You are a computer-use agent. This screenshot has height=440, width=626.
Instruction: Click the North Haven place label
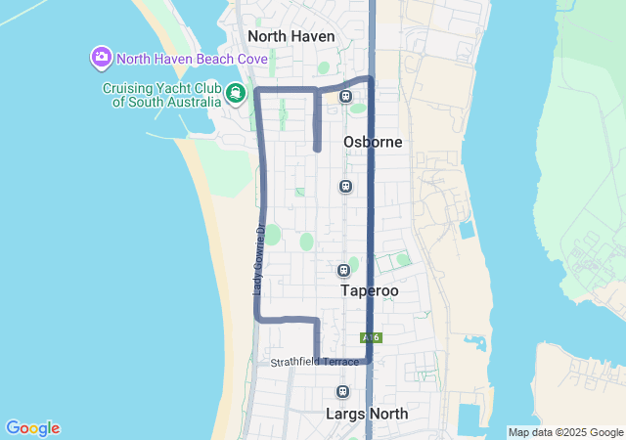click(x=291, y=36)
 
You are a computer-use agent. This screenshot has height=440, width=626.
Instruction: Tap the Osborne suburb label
click(x=373, y=142)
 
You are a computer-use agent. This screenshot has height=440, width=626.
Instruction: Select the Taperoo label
click(x=371, y=290)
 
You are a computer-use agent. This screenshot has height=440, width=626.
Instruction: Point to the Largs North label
click(x=367, y=414)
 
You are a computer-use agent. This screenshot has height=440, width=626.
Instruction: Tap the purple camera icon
click(x=101, y=57)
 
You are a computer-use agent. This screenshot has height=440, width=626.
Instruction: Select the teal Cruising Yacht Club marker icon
click(x=235, y=94)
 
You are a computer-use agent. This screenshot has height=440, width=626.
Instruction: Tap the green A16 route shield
click(x=370, y=337)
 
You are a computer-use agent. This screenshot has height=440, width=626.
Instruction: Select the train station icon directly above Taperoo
click(x=343, y=270)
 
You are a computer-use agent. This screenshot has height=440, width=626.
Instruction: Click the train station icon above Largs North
click(x=342, y=392)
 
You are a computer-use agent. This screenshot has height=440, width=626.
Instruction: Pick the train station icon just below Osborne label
click(x=345, y=186)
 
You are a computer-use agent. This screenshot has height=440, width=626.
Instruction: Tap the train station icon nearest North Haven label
click(x=345, y=96)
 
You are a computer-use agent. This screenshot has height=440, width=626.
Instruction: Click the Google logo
click(x=32, y=428)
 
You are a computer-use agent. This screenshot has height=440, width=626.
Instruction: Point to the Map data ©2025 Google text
click(x=565, y=432)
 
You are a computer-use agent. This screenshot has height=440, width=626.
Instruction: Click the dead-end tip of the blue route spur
click(x=317, y=149)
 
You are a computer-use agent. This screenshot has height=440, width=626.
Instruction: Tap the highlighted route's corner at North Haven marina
click(x=258, y=91)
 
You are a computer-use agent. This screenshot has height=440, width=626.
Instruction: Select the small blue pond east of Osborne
click(x=467, y=231)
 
